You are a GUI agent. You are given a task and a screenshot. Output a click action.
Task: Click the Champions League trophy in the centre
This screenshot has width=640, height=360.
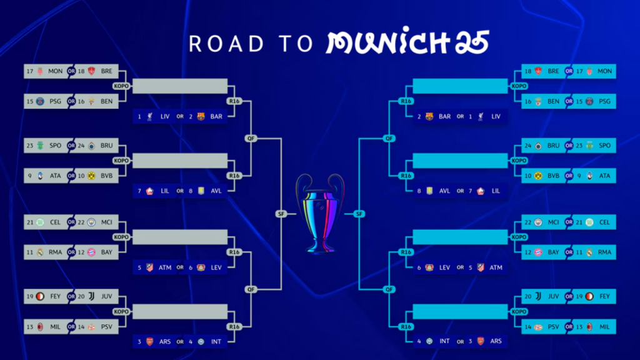(x=320, y=214)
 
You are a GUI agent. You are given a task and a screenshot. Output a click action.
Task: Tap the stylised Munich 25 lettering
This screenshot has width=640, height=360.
(x=407, y=42)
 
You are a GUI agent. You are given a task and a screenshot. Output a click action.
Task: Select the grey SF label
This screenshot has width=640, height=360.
(x=281, y=214)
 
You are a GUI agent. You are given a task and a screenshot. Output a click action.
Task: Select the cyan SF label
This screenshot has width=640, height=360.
(x=359, y=214)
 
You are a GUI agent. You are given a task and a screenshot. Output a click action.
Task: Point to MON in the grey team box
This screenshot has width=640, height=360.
(x=56, y=71)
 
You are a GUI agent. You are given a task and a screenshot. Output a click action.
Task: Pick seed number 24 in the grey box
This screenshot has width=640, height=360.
(x=81, y=146)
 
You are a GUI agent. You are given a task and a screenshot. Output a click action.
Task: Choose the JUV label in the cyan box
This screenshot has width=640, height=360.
(x=554, y=296)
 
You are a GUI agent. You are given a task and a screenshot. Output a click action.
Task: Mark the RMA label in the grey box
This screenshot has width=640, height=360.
(x=56, y=252)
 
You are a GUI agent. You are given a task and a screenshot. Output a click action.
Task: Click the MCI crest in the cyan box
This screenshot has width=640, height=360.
(x=538, y=222)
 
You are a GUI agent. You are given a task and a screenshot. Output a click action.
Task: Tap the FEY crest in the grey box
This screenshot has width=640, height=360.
(x=41, y=296)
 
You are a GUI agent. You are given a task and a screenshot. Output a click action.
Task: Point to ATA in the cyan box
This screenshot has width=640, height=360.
(x=604, y=176)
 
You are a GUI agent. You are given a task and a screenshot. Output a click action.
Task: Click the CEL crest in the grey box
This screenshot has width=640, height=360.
(x=41, y=222)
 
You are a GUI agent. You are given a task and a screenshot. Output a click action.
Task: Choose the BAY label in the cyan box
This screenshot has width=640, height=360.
(x=554, y=252)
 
